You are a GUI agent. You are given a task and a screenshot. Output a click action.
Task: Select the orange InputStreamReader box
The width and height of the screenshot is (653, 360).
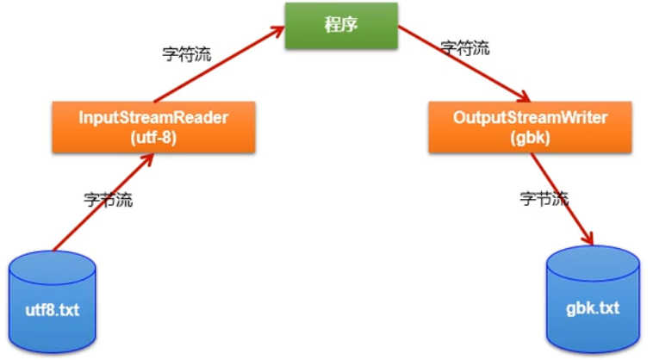(x=153, y=127)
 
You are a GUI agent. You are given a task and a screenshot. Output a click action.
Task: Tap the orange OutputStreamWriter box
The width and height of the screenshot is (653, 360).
(x=529, y=127)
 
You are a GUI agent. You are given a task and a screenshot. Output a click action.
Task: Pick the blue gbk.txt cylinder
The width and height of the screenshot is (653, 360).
(x=594, y=301)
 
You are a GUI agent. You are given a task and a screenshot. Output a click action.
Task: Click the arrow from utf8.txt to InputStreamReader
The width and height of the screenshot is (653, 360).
(x=103, y=204)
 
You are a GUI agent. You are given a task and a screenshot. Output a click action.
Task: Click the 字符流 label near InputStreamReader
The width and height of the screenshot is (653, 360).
(x=187, y=53)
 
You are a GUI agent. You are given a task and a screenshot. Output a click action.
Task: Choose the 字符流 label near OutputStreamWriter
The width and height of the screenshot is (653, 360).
(x=464, y=47)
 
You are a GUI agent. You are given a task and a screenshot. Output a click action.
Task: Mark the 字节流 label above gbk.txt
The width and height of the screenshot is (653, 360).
(x=544, y=198)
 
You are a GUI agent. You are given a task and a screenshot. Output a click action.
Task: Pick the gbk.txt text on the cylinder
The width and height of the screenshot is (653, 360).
(x=594, y=307)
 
